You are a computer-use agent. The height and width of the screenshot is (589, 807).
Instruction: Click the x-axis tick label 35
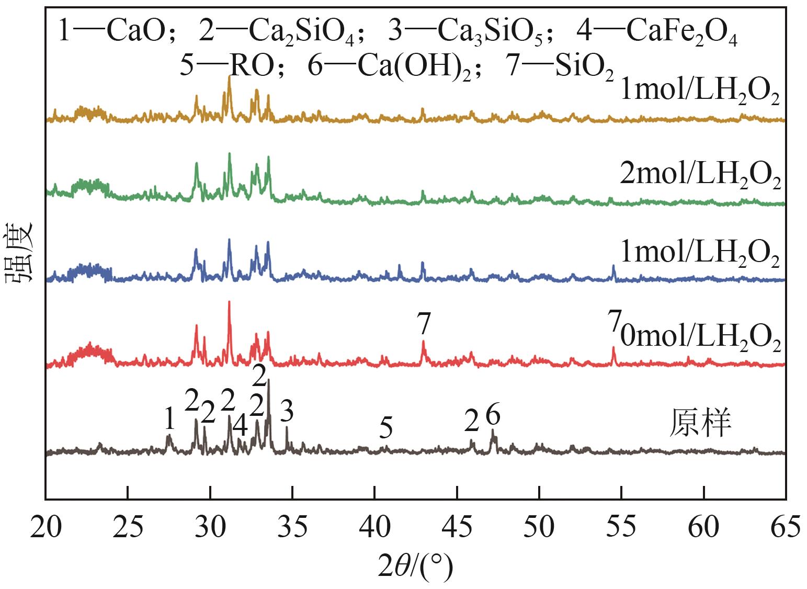click(x=292, y=526)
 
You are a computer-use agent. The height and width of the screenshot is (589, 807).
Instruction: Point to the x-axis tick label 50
click(x=539, y=526)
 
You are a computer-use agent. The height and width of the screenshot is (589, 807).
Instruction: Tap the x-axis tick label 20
click(x=46, y=526)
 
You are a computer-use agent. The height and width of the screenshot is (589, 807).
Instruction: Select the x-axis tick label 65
click(x=785, y=526)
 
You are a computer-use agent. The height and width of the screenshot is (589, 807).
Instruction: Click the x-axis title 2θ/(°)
click(x=416, y=567)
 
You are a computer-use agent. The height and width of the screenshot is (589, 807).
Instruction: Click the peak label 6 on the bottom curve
click(x=493, y=415)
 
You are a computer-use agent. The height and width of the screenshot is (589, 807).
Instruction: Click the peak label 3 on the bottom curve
click(x=287, y=411)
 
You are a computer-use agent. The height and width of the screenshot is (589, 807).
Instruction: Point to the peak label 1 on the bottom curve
click(x=168, y=418)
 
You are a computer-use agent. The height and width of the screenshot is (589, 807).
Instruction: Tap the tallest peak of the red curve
click(x=229, y=302)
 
